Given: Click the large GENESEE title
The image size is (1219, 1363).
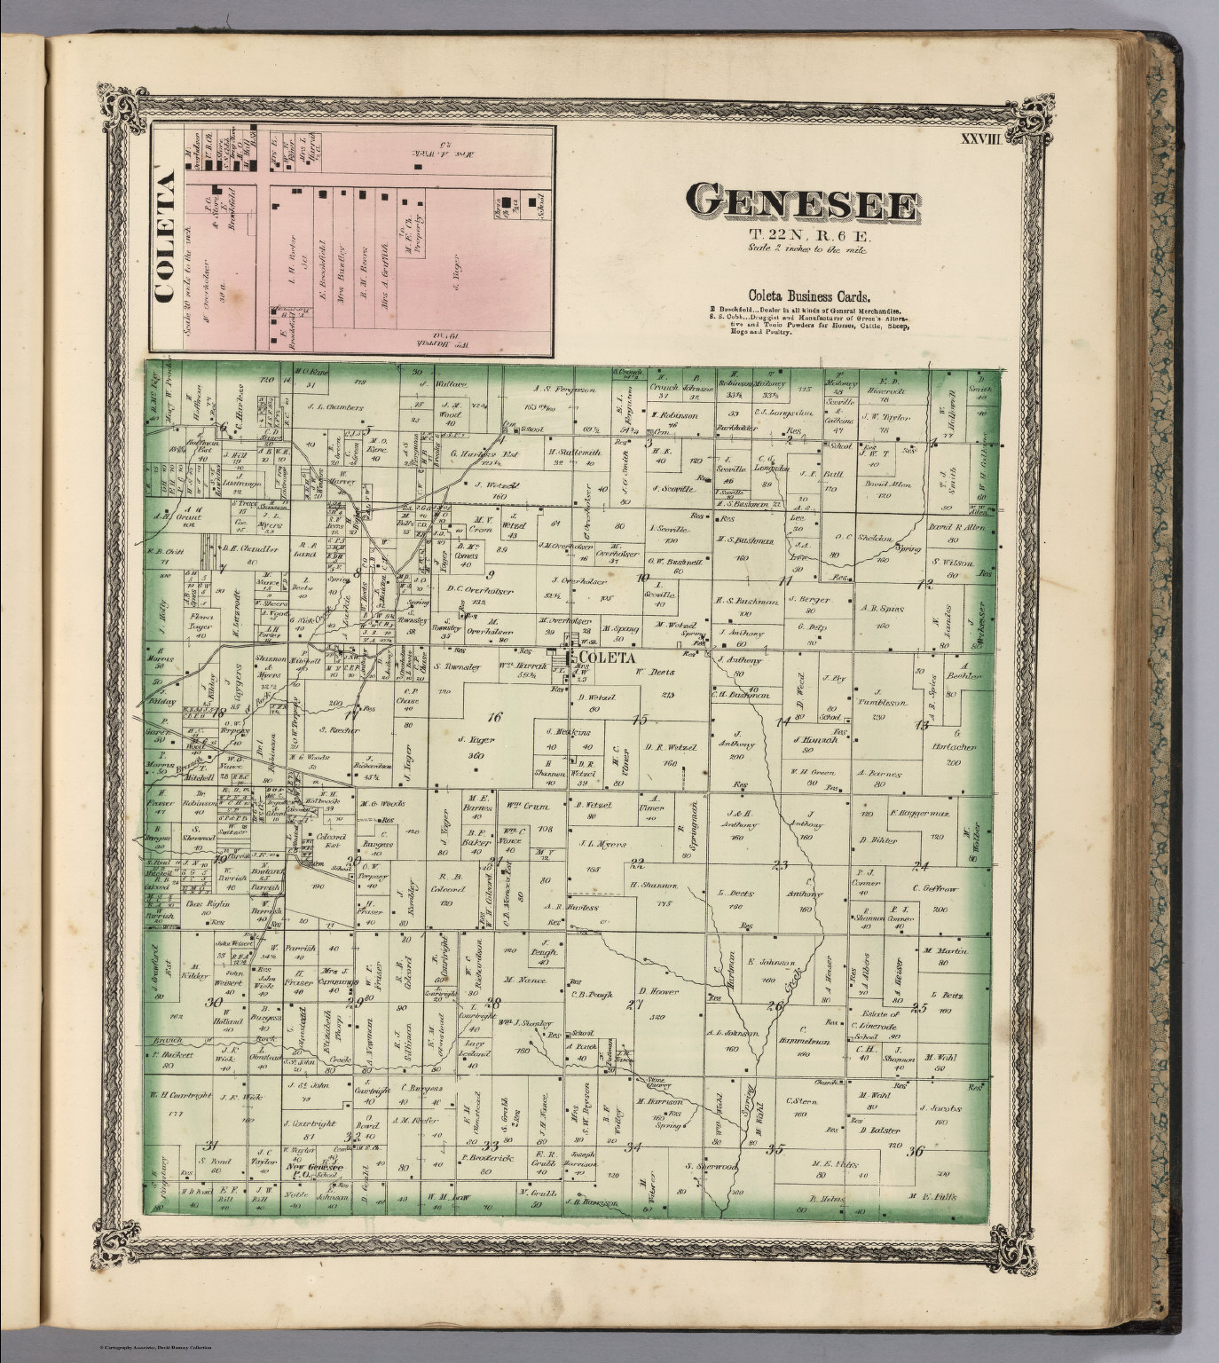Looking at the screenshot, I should click(801, 204).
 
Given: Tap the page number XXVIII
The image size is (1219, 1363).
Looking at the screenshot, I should click(985, 138).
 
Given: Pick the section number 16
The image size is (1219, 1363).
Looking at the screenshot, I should click(494, 716).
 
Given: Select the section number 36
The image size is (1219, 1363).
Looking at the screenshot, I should click(916, 1151).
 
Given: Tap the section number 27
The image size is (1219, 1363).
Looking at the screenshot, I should click(634, 1004).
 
